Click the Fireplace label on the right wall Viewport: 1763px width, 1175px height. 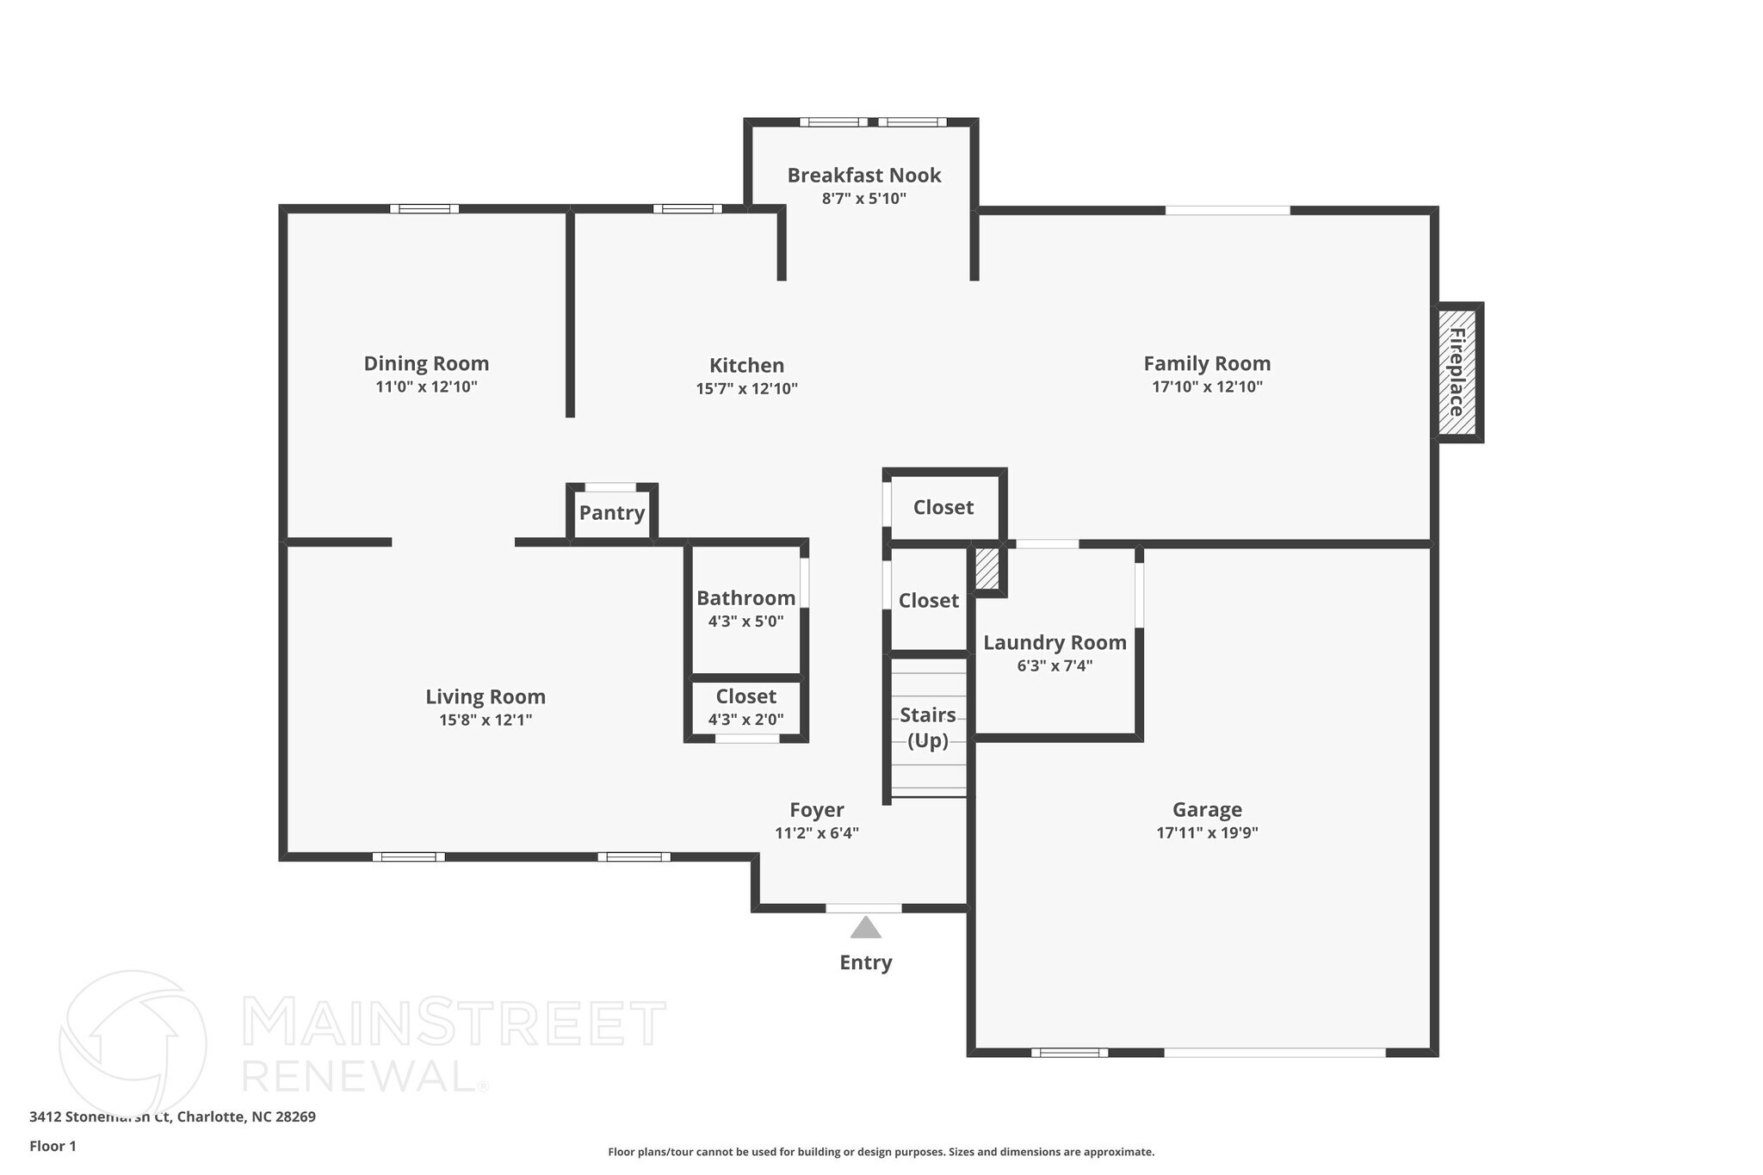[1457, 372]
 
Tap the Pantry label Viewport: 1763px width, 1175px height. [612, 513]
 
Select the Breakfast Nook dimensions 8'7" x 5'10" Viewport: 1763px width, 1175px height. [863, 199]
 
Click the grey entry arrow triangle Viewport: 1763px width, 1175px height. [865, 928]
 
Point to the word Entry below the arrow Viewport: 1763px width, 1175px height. [865, 962]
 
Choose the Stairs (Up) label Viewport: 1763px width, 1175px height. [928, 727]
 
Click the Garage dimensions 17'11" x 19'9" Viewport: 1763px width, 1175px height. [1207, 832]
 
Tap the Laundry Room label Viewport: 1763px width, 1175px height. [1055, 642]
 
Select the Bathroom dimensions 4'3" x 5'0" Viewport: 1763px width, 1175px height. [745, 622]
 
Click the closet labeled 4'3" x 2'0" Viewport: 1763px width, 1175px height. [745, 707]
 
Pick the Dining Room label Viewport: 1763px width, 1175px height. [426, 363]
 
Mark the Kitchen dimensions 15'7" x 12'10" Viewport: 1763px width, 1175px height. [746, 389]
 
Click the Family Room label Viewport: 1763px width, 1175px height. [1207, 363]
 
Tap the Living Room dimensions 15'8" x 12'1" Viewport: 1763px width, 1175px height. [486, 720]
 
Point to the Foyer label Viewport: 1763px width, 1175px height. [817, 810]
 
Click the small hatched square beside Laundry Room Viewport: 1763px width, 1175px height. [987, 569]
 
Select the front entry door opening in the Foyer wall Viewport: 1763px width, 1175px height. [863, 908]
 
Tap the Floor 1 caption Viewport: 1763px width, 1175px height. [53, 1146]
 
